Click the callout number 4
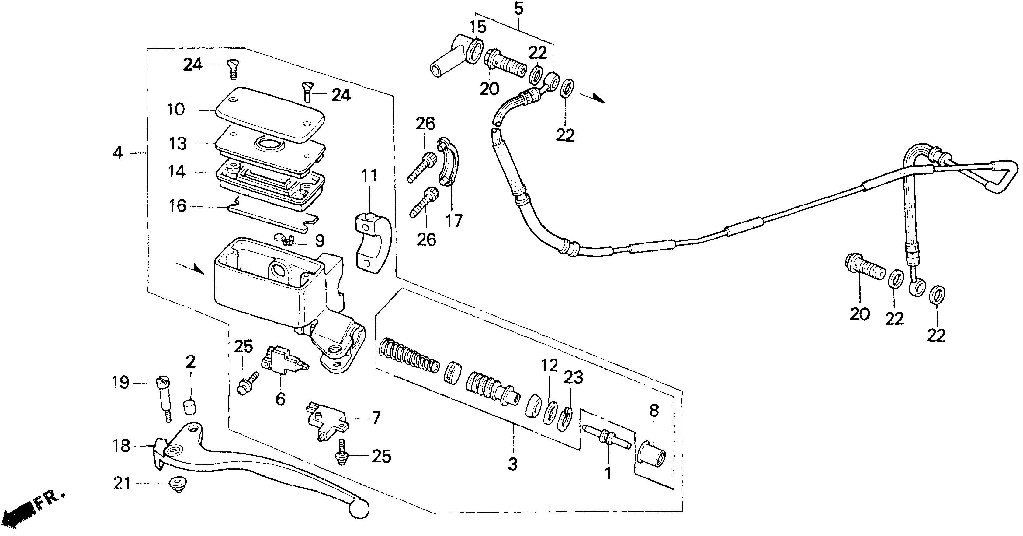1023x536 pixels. pyautogui.click(x=118, y=153)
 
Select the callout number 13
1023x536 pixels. pyautogui.click(x=178, y=144)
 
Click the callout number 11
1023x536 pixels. pyautogui.click(x=369, y=175)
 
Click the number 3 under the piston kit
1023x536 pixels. pyautogui.click(x=513, y=464)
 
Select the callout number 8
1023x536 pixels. pyautogui.click(x=654, y=410)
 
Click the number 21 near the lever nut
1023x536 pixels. pyautogui.click(x=122, y=484)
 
